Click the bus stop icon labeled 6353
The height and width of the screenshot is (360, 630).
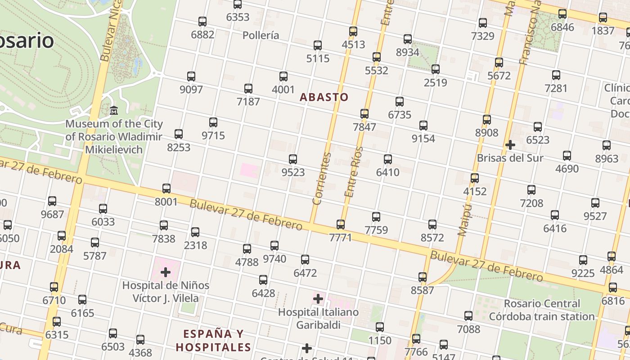[x=238, y=4]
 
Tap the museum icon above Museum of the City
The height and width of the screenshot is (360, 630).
[x=114, y=110]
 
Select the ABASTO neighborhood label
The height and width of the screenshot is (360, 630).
[x=324, y=97]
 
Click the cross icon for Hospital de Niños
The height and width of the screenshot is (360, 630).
[x=165, y=272]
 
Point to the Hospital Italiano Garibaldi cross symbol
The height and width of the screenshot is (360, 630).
[x=318, y=298]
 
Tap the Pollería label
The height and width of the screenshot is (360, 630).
[x=261, y=35]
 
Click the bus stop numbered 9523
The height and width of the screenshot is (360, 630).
[x=293, y=159]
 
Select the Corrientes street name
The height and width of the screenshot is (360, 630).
[x=322, y=179]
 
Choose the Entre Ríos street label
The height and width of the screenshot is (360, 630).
[x=353, y=172]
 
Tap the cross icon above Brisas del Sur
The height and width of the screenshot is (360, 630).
[x=510, y=145]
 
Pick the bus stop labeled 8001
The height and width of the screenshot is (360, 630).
[x=166, y=189]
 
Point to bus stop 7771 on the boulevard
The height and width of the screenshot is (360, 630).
[x=341, y=224]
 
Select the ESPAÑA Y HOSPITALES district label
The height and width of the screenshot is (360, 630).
[x=213, y=340]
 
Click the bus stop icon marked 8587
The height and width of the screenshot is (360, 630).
[x=423, y=277]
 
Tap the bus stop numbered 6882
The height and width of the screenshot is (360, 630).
[x=202, y=21]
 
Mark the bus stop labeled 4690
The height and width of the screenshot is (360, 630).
[x=567, y=156]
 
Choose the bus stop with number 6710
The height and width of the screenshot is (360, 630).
[x=54, y=287]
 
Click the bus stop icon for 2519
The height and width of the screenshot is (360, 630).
[x=436, y=69]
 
